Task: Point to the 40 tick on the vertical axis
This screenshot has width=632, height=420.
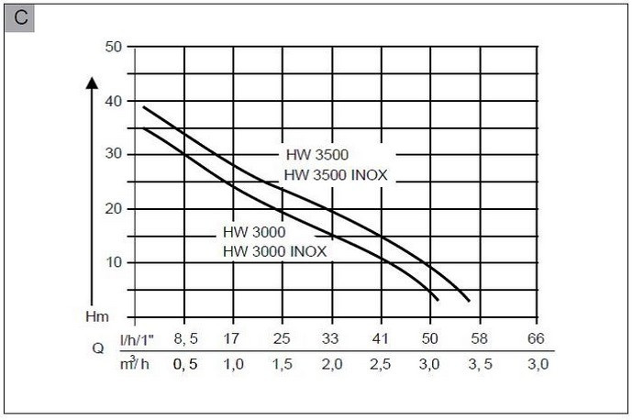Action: click(114, 101)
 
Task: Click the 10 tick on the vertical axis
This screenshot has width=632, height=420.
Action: click(114, 262)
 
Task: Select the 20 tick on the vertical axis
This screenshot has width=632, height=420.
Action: click(114, 208)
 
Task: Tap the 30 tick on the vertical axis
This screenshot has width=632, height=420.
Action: click(114, 154)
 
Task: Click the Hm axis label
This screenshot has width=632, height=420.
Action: click(97, 315)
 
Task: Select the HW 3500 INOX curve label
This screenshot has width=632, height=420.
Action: click(336, 173)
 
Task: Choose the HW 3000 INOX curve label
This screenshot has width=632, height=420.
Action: click(273, 249)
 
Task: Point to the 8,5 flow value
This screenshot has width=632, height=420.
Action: click(185, 339)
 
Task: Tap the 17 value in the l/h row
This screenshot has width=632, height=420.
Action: click(233, 339)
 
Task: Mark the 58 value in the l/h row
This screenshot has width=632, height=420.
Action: click(480, 339)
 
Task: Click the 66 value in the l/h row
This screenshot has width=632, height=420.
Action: click(537, 339)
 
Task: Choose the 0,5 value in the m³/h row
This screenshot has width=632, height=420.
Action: click(185, 364)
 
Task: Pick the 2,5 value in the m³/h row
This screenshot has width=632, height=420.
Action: click(381, 364)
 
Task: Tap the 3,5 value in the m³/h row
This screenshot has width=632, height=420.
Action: click(480, 364)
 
